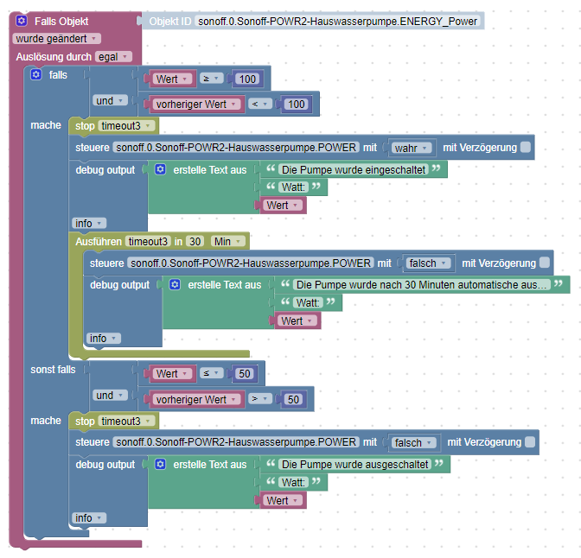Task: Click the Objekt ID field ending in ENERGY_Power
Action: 336,21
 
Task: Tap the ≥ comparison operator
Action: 210,79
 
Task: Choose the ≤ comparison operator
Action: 210,373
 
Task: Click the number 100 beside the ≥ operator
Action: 248,79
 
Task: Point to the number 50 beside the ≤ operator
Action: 246,373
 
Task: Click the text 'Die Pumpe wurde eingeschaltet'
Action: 354,170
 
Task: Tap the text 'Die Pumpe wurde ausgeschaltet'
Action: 354,464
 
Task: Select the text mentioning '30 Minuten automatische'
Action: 422,284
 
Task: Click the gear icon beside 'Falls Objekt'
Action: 22,20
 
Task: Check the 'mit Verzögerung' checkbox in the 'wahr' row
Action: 525,147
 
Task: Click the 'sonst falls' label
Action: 53,370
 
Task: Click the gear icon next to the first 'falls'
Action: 36,75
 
